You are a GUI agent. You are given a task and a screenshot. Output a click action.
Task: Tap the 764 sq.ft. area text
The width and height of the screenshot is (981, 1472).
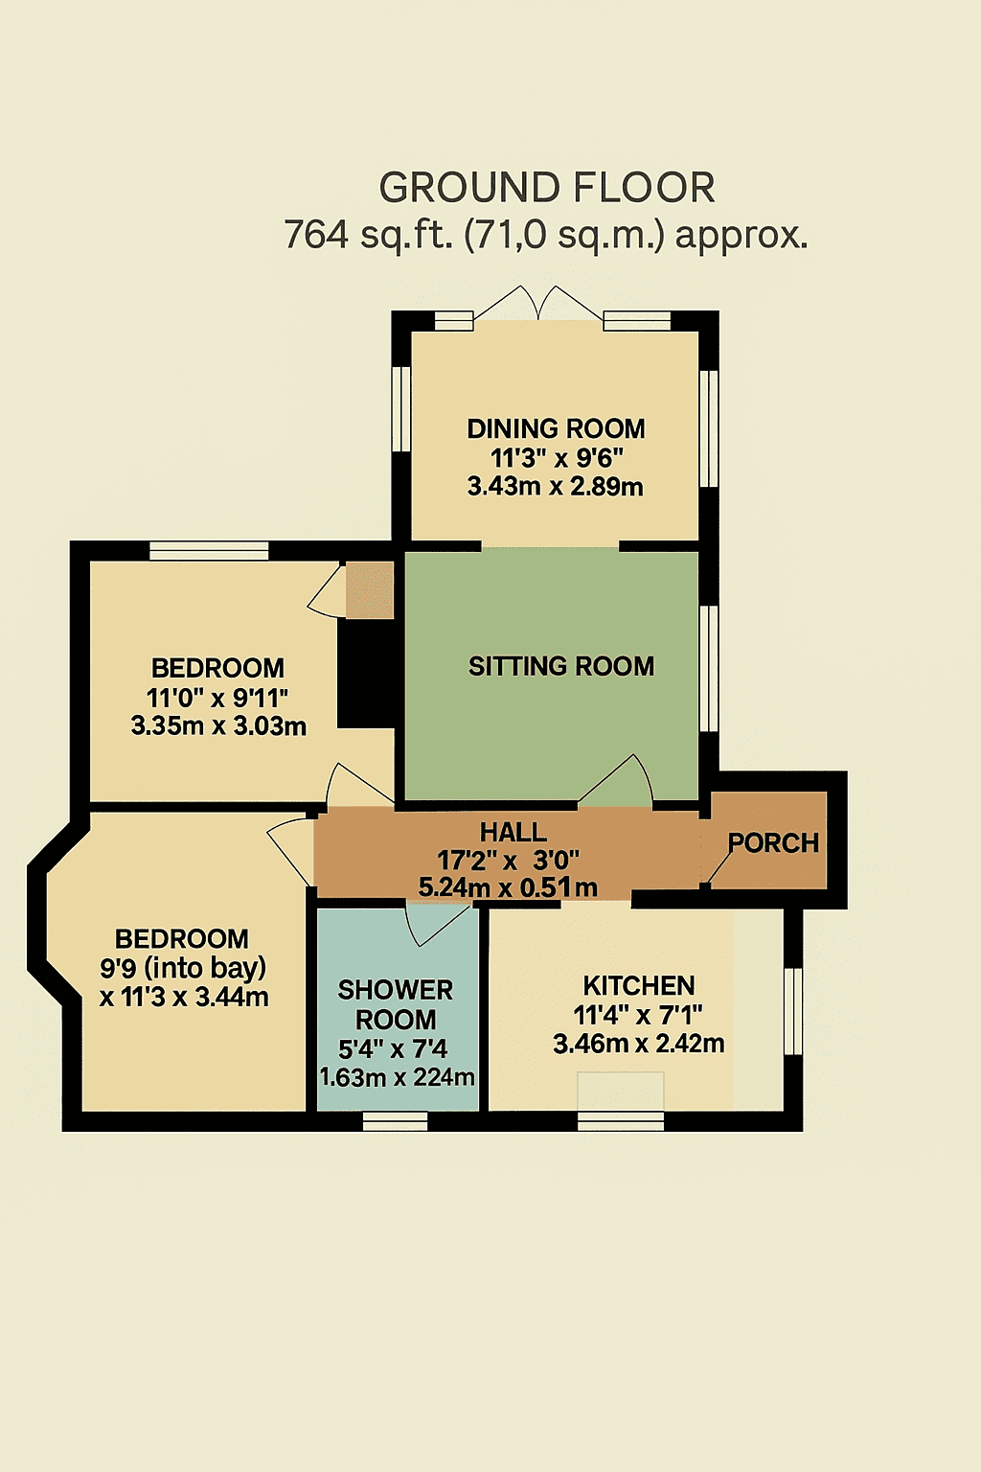pos(545,235)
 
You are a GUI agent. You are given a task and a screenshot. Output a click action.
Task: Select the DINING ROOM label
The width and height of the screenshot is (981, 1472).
pos(556,429)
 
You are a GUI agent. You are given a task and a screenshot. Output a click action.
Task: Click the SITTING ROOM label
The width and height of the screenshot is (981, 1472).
pos(561,666)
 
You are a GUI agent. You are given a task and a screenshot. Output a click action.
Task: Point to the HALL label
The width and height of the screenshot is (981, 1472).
pos(513,833)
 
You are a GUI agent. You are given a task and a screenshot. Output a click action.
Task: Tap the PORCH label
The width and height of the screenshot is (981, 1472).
pos(773,843)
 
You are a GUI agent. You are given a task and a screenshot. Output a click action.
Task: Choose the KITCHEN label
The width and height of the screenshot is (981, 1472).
pos(639,986)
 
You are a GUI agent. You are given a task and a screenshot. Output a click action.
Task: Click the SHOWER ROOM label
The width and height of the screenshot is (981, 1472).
pos(396,1004)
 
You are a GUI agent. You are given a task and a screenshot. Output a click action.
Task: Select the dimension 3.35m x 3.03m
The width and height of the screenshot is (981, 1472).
pos(218,726)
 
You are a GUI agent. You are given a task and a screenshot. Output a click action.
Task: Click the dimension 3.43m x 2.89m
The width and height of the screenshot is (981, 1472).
pos(556,487)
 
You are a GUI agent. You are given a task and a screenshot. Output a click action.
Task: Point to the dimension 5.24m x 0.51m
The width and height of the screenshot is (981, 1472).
pos(508,887)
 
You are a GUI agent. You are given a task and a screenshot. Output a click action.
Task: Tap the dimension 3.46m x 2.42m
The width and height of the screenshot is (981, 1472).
pos(639,1044)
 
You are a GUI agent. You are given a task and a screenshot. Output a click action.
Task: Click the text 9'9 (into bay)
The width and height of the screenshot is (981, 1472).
pos(183,968)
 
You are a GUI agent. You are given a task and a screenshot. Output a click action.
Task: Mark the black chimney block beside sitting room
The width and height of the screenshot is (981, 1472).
pos(367,674)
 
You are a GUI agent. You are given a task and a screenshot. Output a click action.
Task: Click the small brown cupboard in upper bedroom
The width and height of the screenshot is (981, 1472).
pos(370,590)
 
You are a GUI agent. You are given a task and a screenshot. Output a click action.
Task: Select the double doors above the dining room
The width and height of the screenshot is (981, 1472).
pos(538,304)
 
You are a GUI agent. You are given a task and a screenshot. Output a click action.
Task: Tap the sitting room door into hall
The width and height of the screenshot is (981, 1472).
pos(615,780)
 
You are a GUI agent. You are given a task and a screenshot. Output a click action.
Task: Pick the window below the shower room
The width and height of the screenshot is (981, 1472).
pos(396,1121)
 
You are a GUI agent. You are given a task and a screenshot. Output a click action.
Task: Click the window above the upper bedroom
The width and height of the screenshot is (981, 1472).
pos(209,551)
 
